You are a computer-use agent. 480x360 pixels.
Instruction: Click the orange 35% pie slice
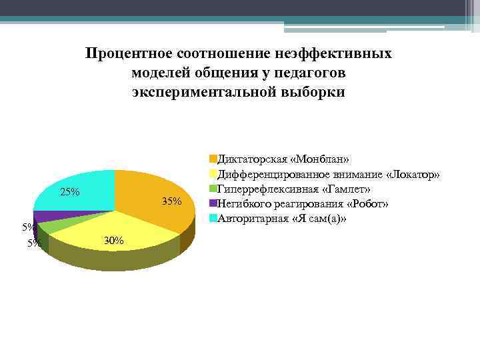tap(150, 193)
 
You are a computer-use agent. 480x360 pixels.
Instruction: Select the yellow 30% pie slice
tap(120, 227)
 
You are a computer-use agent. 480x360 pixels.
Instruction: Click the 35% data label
tap(171, 202)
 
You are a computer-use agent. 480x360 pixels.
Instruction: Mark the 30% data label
tap(114, 241)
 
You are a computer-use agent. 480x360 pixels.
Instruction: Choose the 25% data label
tap(70, 193)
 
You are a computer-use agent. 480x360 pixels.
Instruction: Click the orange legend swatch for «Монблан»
tap(213, 159)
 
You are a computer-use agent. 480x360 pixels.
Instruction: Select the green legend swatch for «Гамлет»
tap(213, 189)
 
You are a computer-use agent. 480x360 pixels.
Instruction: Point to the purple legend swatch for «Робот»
tap(213, 203)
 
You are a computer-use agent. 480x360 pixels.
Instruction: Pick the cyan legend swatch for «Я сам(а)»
tap(213, 218)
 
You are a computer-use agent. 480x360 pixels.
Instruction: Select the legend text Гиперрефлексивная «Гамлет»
tap(294, 189)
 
